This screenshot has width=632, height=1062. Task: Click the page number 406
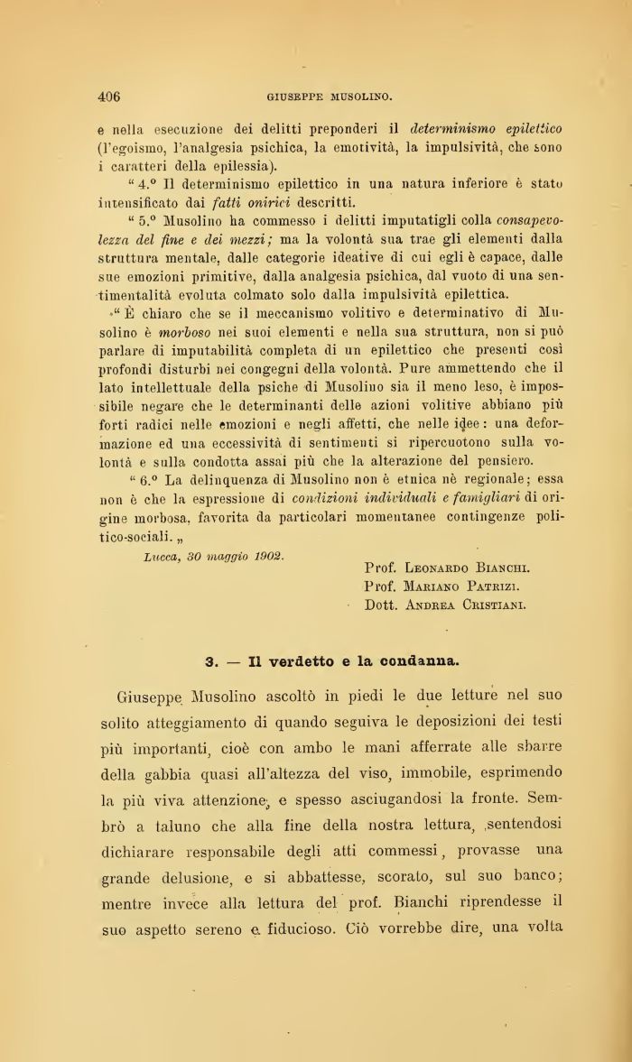click(x=108, y=96)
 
